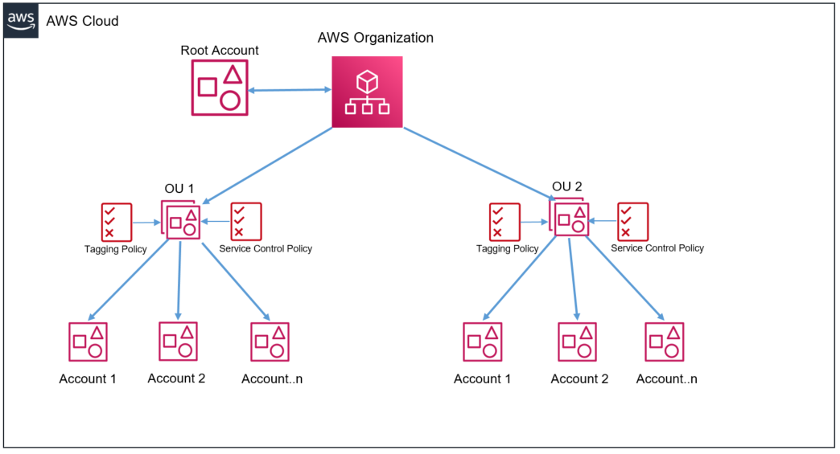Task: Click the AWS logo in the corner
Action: coord(21,21)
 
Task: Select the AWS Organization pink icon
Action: coord(367,92)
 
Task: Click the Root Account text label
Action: coord(220,51)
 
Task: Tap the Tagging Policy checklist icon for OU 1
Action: coord(116,222)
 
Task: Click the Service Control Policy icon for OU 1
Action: coord(246,222)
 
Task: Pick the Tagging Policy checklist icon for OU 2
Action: coord(504,222)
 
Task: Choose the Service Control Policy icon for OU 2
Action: coord(632,222)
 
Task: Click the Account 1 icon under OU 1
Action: coord(88,342)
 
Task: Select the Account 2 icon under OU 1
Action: coord(178,341)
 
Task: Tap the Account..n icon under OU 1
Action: coord(270,342)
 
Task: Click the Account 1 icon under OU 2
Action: coord(482,342)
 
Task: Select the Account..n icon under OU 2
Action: coord(665,342)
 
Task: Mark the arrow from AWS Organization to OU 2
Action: coord(479,164)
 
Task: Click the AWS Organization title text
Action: coord(375,38)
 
